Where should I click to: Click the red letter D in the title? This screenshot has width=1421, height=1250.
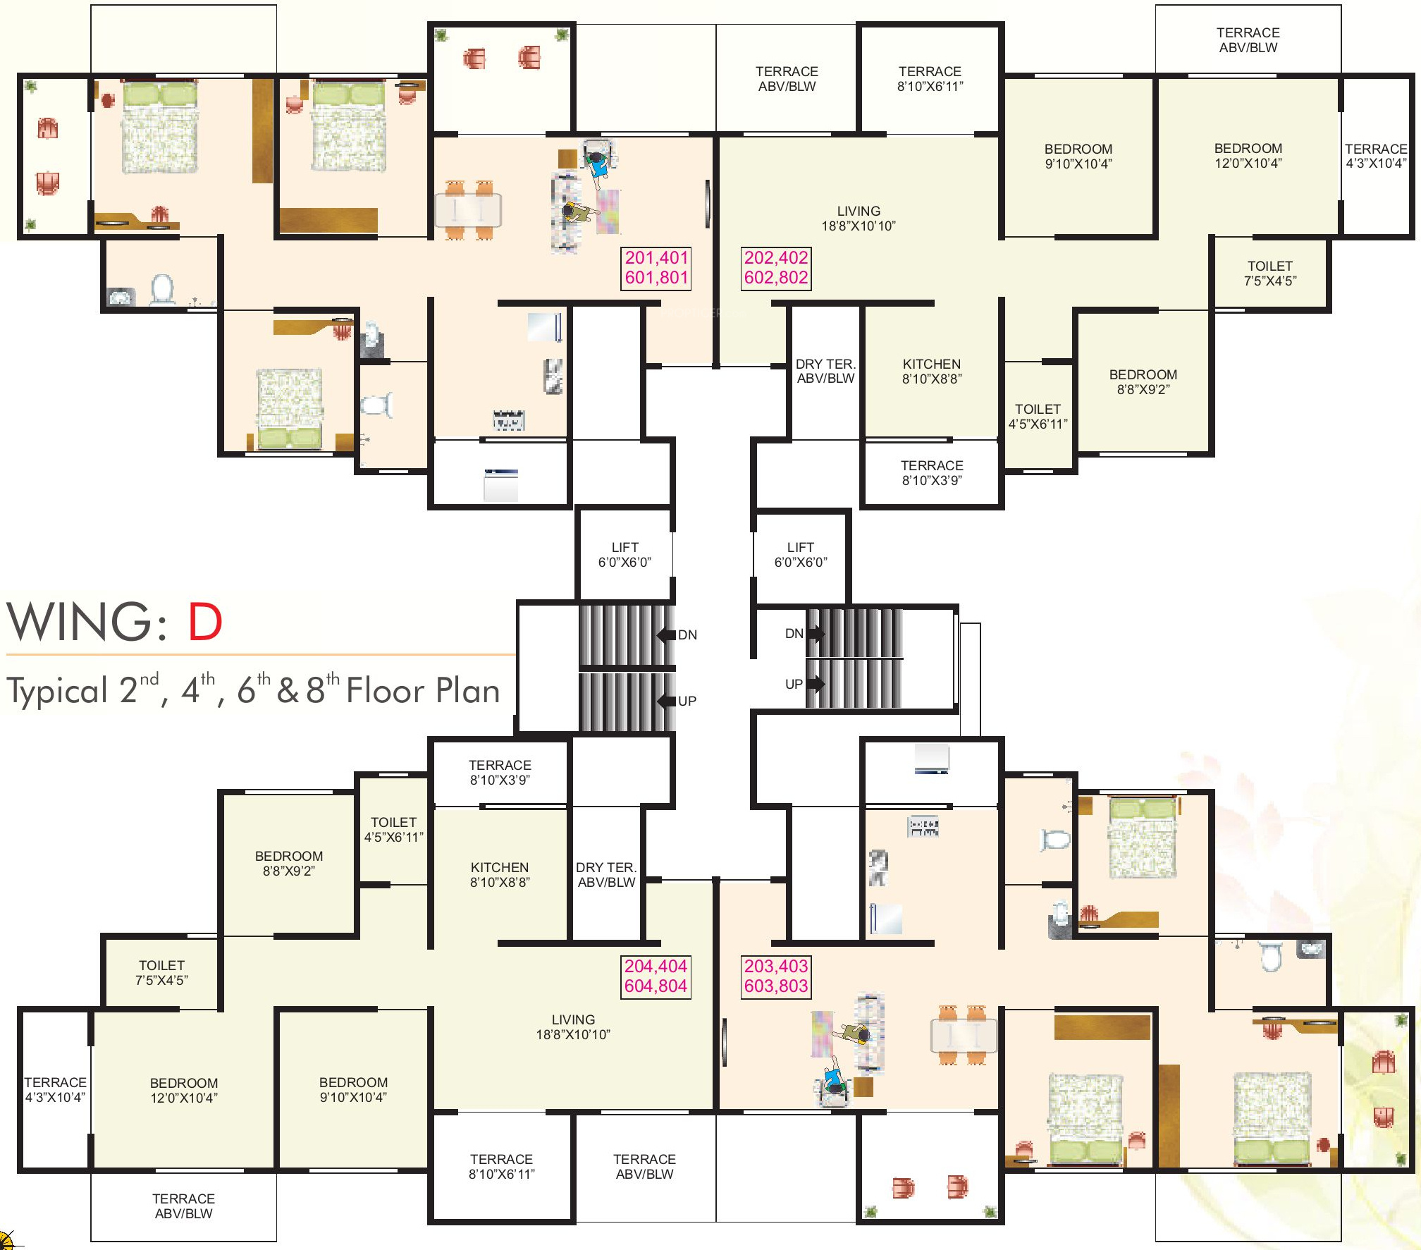pyautogui.click(x=205, y=622)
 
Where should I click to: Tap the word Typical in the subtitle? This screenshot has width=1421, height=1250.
pyautogui.click(x=57, y=691)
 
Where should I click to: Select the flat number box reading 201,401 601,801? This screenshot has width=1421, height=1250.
pyautogui.click(x=656, y=268)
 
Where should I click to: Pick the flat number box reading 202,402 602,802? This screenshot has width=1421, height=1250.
pyautogui.click(x=776, y=268)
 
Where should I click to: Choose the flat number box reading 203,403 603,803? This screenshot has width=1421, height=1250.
pyautogui.click(x=776, y=976)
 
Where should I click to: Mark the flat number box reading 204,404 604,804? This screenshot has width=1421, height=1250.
pyautogui.click(x=656, y=976)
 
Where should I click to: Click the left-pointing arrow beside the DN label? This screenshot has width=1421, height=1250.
pyautogui.click(x=666, y=635)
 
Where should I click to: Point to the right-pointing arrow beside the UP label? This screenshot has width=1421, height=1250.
pyautogui.click(x=816, y=683)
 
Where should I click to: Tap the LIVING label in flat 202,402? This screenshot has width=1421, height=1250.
pyautogui.click(x=859, y=211)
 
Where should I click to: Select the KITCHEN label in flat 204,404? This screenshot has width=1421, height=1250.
pyautogui.click(x=500, y=867)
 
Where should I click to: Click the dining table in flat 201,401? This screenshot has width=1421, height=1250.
pyautogui.click(x=469, y=210)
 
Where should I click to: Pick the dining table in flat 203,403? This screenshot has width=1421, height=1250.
pyautogui.click(x=964, y=1035)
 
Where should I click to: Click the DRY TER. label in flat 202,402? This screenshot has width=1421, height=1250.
pyautogui.click(x=825, y=364)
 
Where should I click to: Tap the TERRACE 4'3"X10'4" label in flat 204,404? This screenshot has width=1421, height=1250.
pyautogui.click(x=56, y=1089)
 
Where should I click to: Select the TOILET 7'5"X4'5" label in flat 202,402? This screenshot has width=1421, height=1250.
pyautogui.click(x=1270, y=274)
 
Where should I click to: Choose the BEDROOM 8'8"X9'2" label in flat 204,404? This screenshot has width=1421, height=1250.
pyautogui.click(x=289, y=863)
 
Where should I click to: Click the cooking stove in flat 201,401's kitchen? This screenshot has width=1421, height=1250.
pyautogui.click(x=508, y=420)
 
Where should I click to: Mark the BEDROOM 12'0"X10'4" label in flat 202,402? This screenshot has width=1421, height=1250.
pyautogui.click(x=1248, y=156)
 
